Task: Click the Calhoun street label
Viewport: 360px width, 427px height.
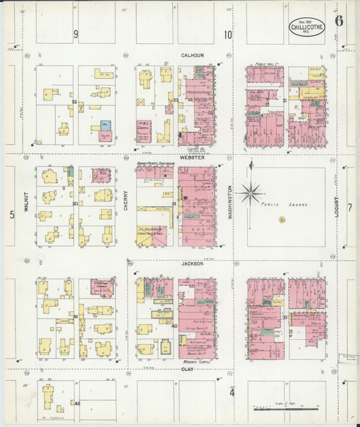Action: tap(192, 55)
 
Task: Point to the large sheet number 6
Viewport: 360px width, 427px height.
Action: tap(338, 20)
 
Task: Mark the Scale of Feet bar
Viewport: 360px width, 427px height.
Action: tap(277, 408)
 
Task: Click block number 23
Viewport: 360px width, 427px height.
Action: tap(74, 102)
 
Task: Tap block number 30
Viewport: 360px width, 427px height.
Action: tap(74, 203)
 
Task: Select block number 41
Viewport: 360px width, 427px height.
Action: tap(74, 316)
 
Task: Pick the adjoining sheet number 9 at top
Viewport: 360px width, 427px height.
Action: tap(76, 34)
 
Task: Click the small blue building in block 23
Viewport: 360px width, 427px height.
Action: tap(105, 126)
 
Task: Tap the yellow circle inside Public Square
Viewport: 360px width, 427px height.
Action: tap(282, 220)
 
